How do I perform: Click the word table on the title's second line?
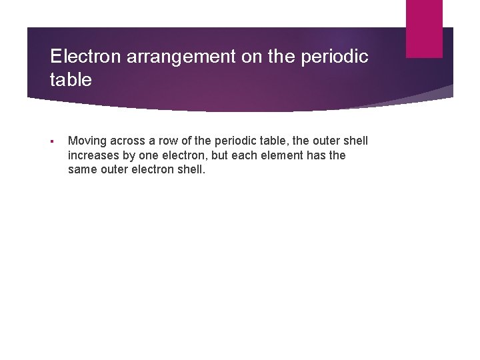coord(71,81)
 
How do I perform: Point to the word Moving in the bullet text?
coord(85,141)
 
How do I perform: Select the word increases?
coord(92,155)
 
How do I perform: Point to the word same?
coord(81,169)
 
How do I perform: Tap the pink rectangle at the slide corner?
coord(424,29)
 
